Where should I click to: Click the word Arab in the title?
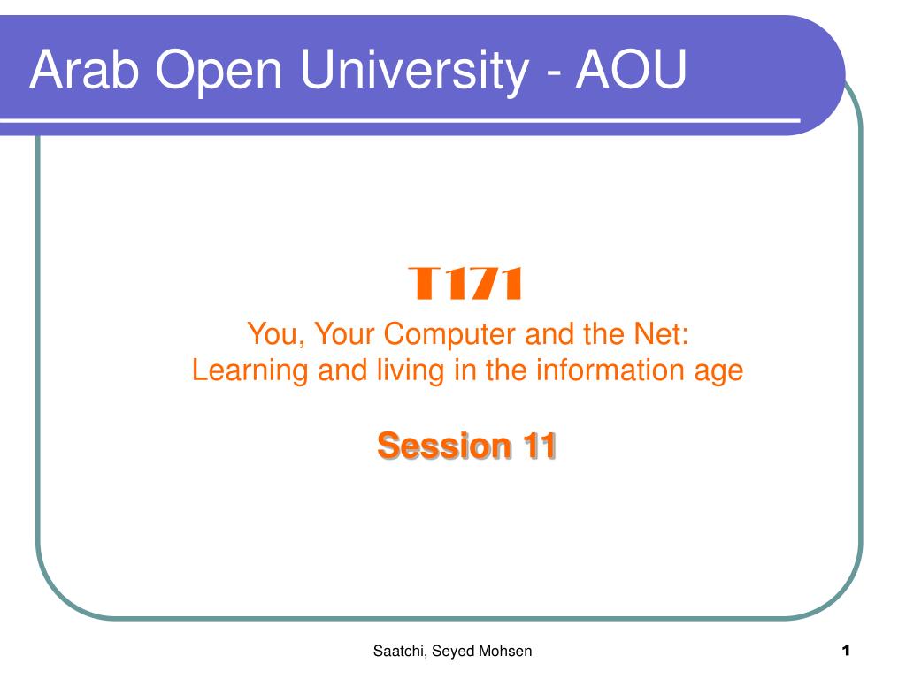84,69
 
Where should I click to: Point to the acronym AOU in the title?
630,69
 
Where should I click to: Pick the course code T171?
465,283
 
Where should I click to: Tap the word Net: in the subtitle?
662,333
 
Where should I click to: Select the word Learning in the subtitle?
250,370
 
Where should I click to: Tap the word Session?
444,446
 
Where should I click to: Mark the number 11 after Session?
539,446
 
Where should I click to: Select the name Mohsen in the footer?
507,651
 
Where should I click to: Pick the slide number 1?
846,650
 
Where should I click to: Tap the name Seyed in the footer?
454,652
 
